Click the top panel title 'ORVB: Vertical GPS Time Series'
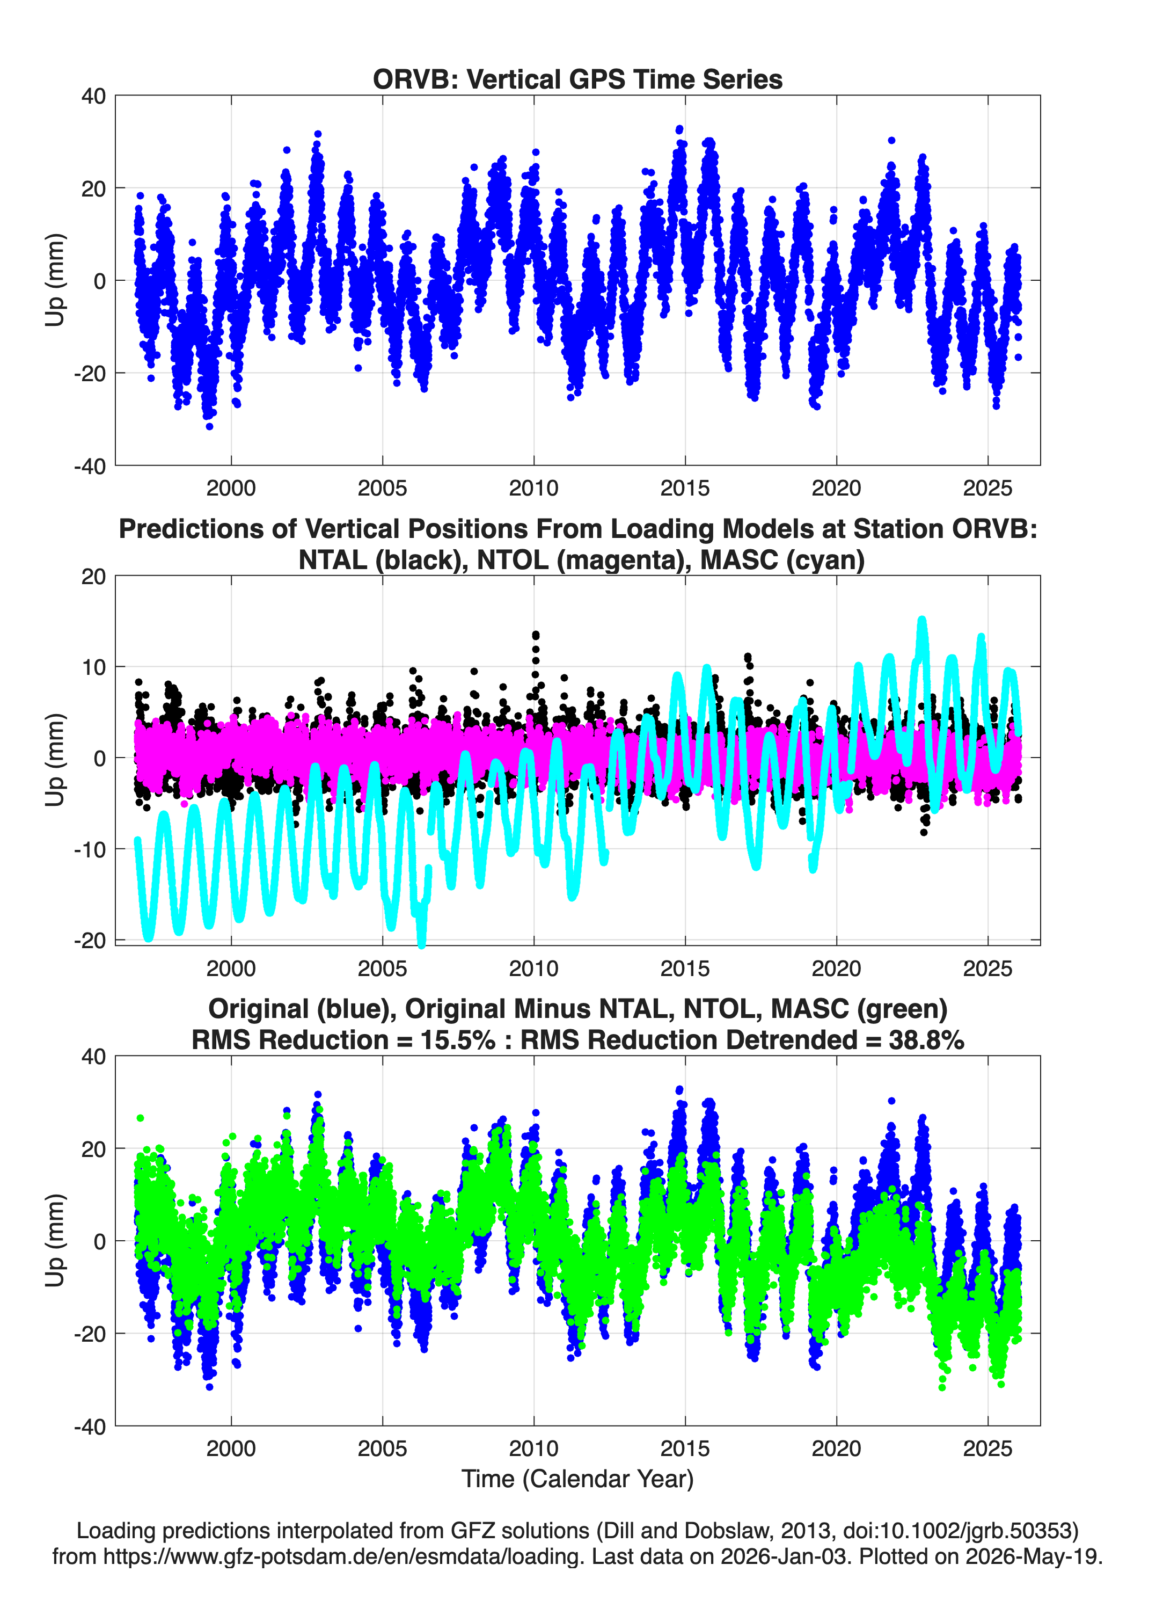pyautogui.click(x=577, y=79)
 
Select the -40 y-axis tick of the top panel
pyautogui.click(x=90, y=466)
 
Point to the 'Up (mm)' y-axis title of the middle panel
pyautogui.click(x=55, y=760)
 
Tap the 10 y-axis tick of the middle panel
pyautogui.click(x=94, y=667)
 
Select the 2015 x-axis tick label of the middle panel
pyautogui.click(x=685, y=969)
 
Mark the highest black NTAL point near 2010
pyautogui.click(x=536, y=635)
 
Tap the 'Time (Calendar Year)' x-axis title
pyautogui.click(x=577, y=1478)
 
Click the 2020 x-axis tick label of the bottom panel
pyautogui.click(x=836, y=1449)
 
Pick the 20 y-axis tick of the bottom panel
pyautogui.click(x=94, y=1148)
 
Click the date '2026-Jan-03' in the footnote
pyautogui.click(x=784, y=1556)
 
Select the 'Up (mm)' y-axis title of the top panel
pyautogui.click(x=55, y=280)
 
